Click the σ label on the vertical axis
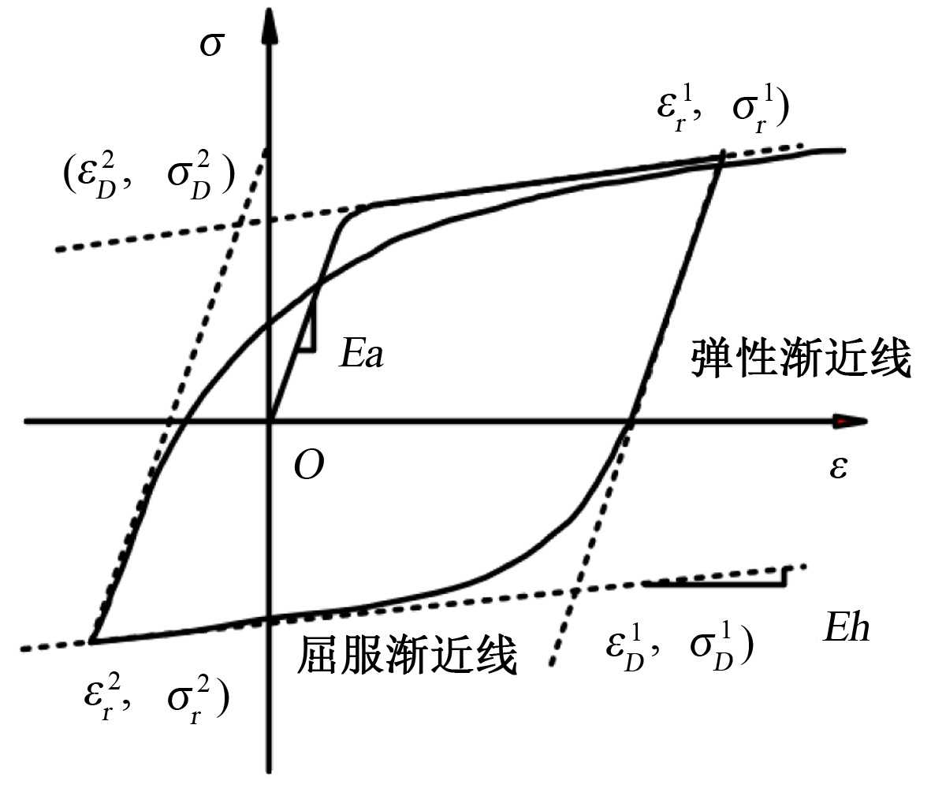210,44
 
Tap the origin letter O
308,466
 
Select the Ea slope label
362,355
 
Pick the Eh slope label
846,629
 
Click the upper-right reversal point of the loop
722,155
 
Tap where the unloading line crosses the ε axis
629,422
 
